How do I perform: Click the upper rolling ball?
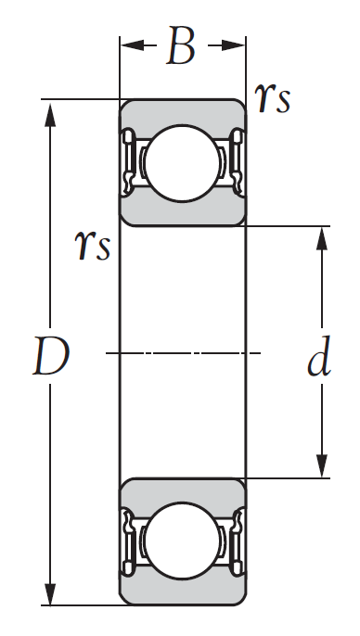coord(181,163)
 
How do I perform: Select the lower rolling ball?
coord(181,541)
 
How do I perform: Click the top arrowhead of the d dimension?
coord(322,237)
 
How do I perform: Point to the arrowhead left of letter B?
coord(130,45)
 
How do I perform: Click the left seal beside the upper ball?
coord(129,161)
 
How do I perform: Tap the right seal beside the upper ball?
coord(234,161)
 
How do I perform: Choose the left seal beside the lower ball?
coord(129,542)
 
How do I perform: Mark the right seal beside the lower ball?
coord(234,542)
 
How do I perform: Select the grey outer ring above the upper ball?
coord(181,109)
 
